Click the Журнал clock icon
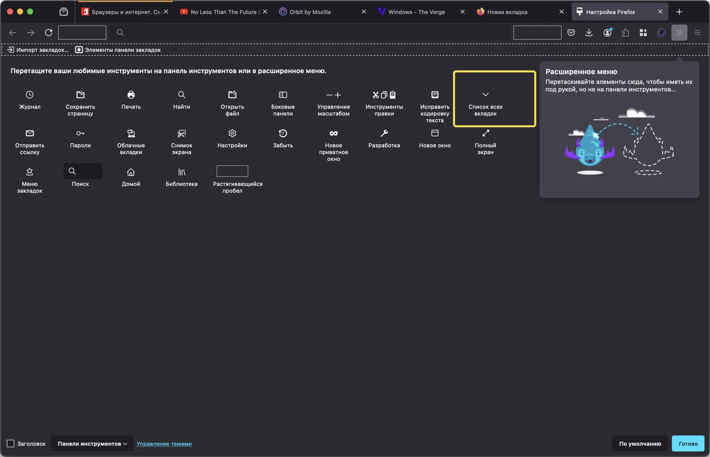[x=29, y=95]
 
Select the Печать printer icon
[x=131, y=95]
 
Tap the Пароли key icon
[x=80, y=133]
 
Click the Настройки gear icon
[x=232, y=133]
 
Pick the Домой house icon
[x=131, y=172]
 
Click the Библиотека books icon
[x=182, y=172]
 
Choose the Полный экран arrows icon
[x=486, y=133]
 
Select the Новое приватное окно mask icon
[x=334, y=133]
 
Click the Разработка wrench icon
[x=384, y=133]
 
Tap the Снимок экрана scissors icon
[x=182, y=133]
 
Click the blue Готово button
[x=688, y=444]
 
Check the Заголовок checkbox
[x=10, y=444]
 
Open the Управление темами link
[x=164, y=444]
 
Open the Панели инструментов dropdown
[x=92, y=444]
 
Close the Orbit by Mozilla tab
[x=364, y=12]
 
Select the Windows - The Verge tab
[x=417, y=12]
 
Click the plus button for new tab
[x=679, y=12]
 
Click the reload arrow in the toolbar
[x=48, y=33]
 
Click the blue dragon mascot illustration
[x=590, y=147]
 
